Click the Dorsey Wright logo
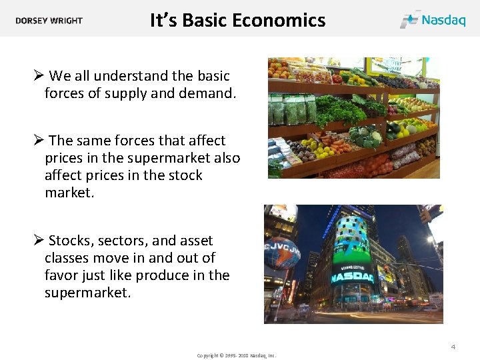(x=49, y=21)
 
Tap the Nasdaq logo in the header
(x=433, y=19)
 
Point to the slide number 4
(x=453, y=347)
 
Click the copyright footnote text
(x=236, y=355)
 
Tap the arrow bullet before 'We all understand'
(x=39, y=76)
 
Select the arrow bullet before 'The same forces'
(x=39, y=141)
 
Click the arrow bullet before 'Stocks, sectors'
(x=39, y=241)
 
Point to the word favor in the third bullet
(x=62, y=275)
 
